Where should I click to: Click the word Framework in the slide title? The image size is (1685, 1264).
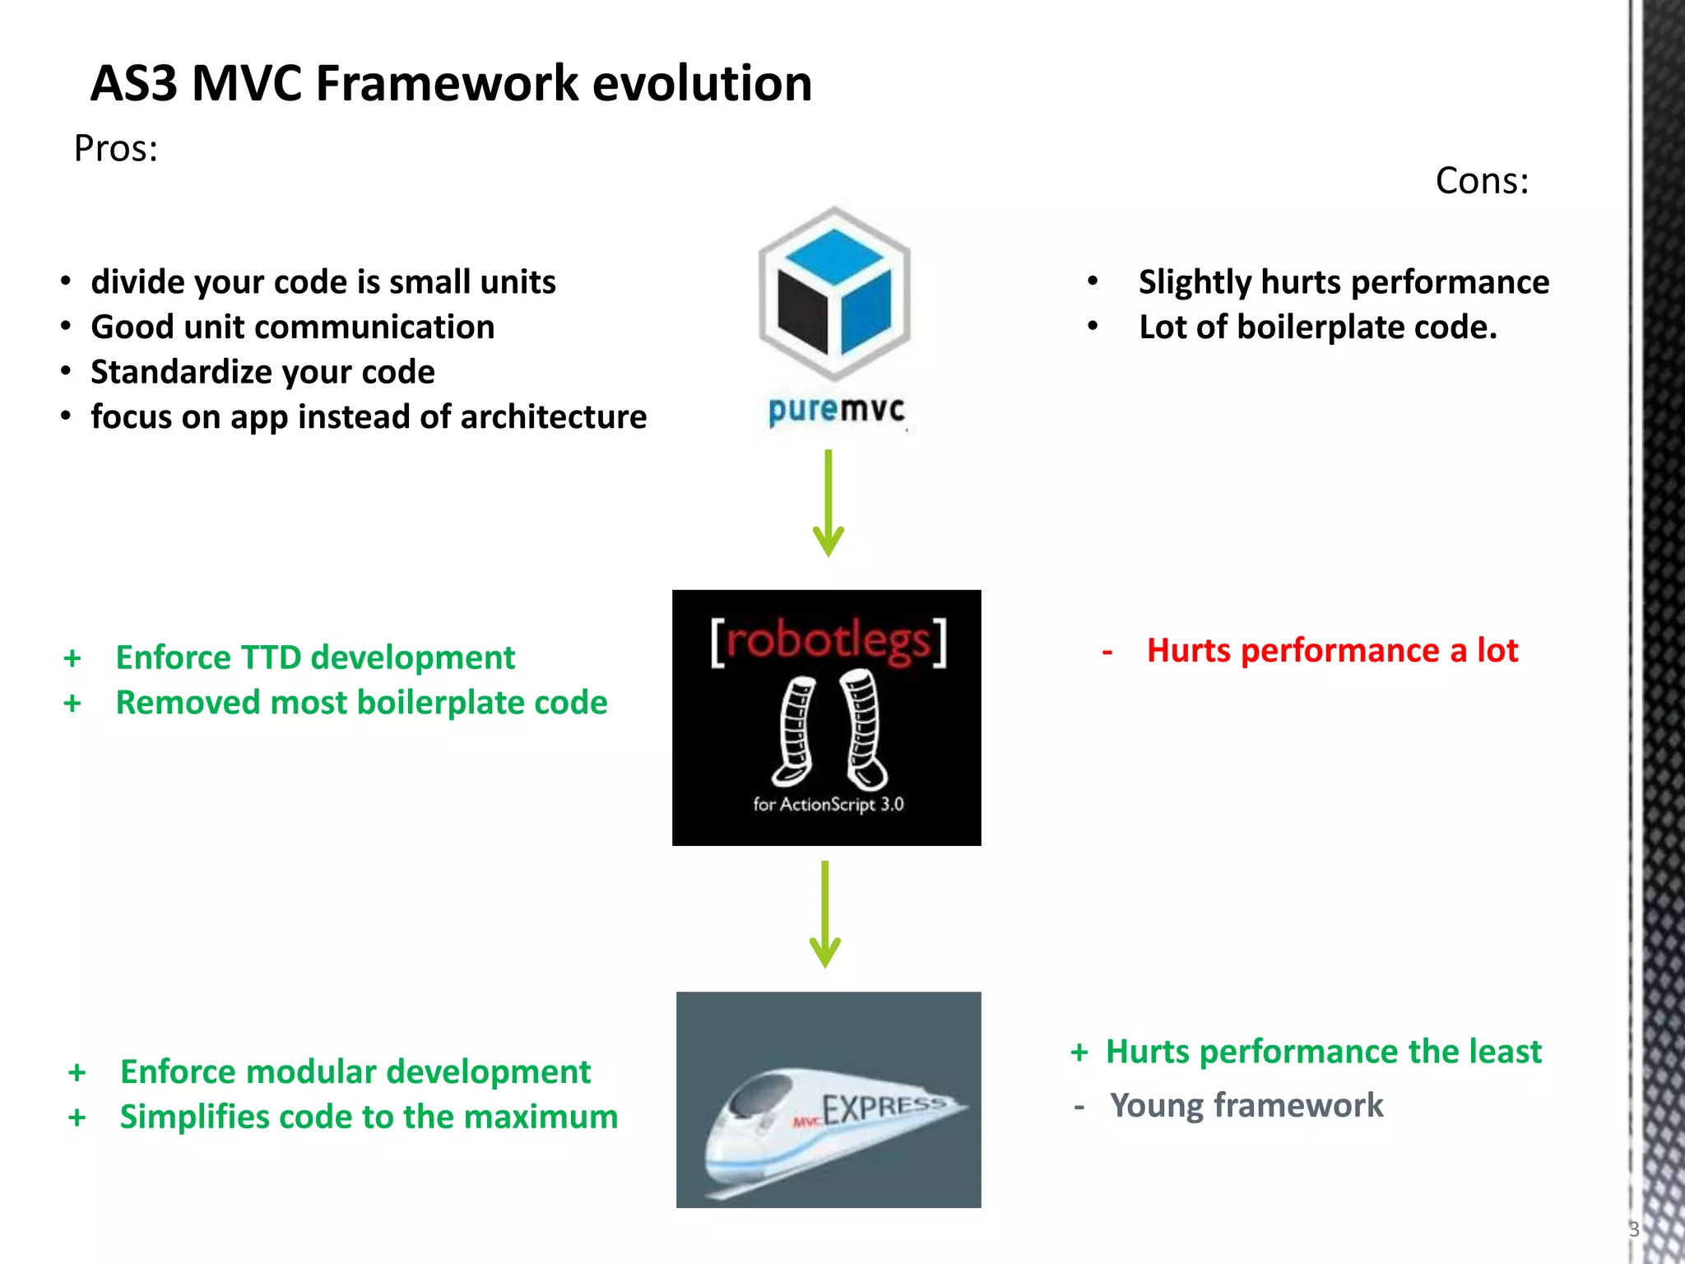pyautogui.click(x=447, y=84)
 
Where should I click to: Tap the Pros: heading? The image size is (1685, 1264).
pyautogui.click(x=115, y=149)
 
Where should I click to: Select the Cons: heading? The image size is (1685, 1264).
pyautogui.click(x=1481, y=181)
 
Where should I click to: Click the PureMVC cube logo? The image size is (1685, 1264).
pyautogui.click(x=834, y=294)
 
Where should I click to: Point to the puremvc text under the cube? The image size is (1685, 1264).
pyautogui.click(x=836, y=410)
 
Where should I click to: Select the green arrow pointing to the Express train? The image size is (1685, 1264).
pyautogui.click(x=824, y=913)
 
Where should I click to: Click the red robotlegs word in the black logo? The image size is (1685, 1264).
pyautogui.click(x=828, y=642)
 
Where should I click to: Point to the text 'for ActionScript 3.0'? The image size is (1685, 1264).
pyautogui.click(x=828, y=804)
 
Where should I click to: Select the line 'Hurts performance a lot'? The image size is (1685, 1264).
pyautogui.click(x=1331, y=651)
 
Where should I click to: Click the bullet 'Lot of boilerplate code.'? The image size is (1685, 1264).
pyautogui.click(x=1317, y=328)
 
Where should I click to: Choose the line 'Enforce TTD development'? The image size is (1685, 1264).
pyautogui.click(x=315, y=658)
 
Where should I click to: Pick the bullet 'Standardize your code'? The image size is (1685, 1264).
pyautogui.click(x=262, y=372)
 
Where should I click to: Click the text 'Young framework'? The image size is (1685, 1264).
pyautogui.click(x=1246, y=1105)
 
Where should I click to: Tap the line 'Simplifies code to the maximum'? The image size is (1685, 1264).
pyautogui.click(x=369, y=1117)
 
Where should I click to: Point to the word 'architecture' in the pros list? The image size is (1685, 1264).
pyautogui.click(x=553, y=417)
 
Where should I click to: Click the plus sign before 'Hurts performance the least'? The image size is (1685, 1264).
pyautogui.click(x=1079, y=1053)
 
